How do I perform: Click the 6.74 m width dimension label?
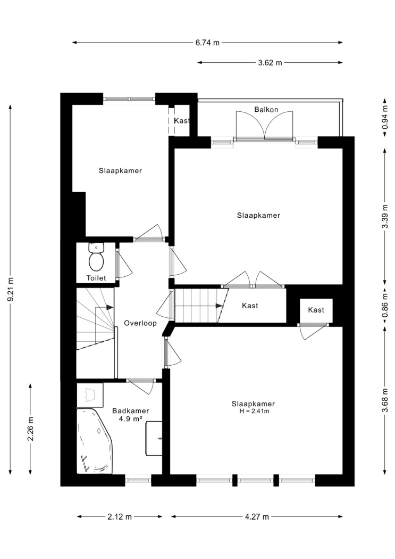[207, 43]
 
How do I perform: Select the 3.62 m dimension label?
[270, 63]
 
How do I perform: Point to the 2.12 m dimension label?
[120, 516]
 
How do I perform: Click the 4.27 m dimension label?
[257, 516]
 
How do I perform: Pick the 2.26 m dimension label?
[31, 429]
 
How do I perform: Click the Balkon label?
[266, 110]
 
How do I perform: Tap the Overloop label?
[140, 323]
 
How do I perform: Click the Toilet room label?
[96, 278]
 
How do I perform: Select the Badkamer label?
[131, 410]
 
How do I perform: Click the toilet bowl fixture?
[96, 257]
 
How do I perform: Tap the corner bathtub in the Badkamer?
[95, 441]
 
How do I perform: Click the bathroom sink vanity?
[154, 438]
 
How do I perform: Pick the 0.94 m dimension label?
[385, 118]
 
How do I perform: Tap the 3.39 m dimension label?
[385, 216]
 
